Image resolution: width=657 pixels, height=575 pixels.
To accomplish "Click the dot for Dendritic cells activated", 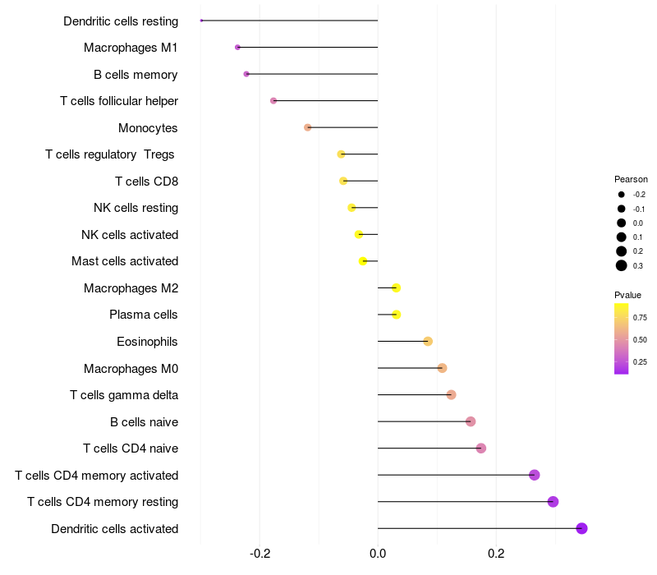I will pyautogui.click(x=581, y=528).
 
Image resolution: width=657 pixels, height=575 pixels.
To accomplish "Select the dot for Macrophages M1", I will pyautogui.click(x=238, y=48).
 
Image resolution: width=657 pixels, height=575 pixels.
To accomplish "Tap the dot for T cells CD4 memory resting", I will pyautogui.click(x=553, y=502).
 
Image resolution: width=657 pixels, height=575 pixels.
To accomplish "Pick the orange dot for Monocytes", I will pyautogui.click(x=308, y=127).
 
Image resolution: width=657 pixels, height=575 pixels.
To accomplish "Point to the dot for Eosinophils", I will pyautogui.click(x=428, y=341).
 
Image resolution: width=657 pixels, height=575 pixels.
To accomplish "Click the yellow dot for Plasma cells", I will pyautogui.click(x=397, y=315).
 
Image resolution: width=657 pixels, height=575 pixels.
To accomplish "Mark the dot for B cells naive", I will pyautogui.click(x=471, y=421).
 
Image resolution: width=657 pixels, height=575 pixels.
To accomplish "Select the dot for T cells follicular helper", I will pyautogui.click(x=273, y=101).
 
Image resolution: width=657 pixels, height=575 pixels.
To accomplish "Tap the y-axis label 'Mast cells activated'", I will pyautogui.click(x=125, y=261).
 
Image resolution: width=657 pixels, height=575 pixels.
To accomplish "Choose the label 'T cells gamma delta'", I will pyautogui.click(x=124, y=395).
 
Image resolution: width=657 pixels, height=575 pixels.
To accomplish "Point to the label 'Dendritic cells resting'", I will pyautogui.click(x=121, y=21).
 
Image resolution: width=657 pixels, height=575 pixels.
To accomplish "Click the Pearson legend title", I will pyautogui.click(x=631, y=179).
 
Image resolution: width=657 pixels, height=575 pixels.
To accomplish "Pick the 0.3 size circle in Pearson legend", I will pyautogui.click(x=622, y=265).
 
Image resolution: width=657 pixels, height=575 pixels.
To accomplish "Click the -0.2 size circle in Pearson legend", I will pyautogui.click(x=622, y=195).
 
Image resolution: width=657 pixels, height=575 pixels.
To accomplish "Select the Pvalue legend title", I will pyautogui.click(x=627, y=295).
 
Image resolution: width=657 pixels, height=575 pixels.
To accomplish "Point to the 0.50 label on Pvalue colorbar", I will pyautogui.click(x=640, y=339).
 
